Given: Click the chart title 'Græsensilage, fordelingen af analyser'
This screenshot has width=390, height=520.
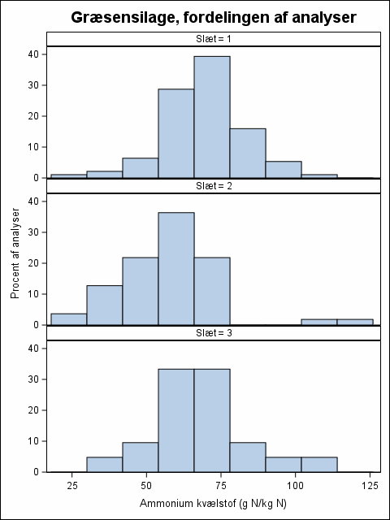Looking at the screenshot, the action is tap(214, 18).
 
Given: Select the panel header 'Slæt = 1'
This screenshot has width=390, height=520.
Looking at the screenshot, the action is tap(214, 39).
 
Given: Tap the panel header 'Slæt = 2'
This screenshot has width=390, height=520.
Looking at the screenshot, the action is tap(214, 186).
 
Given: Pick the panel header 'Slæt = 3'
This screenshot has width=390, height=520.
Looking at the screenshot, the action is tap(214, 333).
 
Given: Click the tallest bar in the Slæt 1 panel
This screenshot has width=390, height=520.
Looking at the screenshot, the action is tap(212, 117).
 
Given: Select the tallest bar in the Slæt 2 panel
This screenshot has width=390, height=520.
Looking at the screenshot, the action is tap(176, 269).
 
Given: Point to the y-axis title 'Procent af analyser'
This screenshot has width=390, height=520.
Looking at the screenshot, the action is tap(15, 253).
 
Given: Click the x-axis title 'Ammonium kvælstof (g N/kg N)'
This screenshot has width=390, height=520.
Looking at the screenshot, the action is tap(213, 504).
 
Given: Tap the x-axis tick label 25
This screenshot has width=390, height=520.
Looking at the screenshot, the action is tap(72, 486).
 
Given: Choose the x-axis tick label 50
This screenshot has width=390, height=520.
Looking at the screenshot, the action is tap(146, 486).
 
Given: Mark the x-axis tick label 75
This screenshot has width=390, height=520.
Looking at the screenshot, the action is tap(221, 486).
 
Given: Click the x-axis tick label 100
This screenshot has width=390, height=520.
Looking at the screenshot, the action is tap(295, 486).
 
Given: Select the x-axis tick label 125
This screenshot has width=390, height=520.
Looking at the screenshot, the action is tap(370, 486).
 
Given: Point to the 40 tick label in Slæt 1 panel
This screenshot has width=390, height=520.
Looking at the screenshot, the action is tap(34, 54).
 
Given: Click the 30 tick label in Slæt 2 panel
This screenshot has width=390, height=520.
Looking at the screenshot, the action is tap(34, 232).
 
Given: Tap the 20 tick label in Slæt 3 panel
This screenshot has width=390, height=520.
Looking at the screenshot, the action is tap(34, 410).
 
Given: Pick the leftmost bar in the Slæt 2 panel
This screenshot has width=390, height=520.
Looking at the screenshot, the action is tap(68, 319).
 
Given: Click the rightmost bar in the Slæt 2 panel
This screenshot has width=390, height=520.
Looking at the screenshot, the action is tap(355, 322).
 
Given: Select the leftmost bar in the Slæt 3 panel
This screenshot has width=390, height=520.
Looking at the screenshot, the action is tap(105, 465).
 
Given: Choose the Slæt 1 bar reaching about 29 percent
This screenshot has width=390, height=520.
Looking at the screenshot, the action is tap(176, 133).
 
